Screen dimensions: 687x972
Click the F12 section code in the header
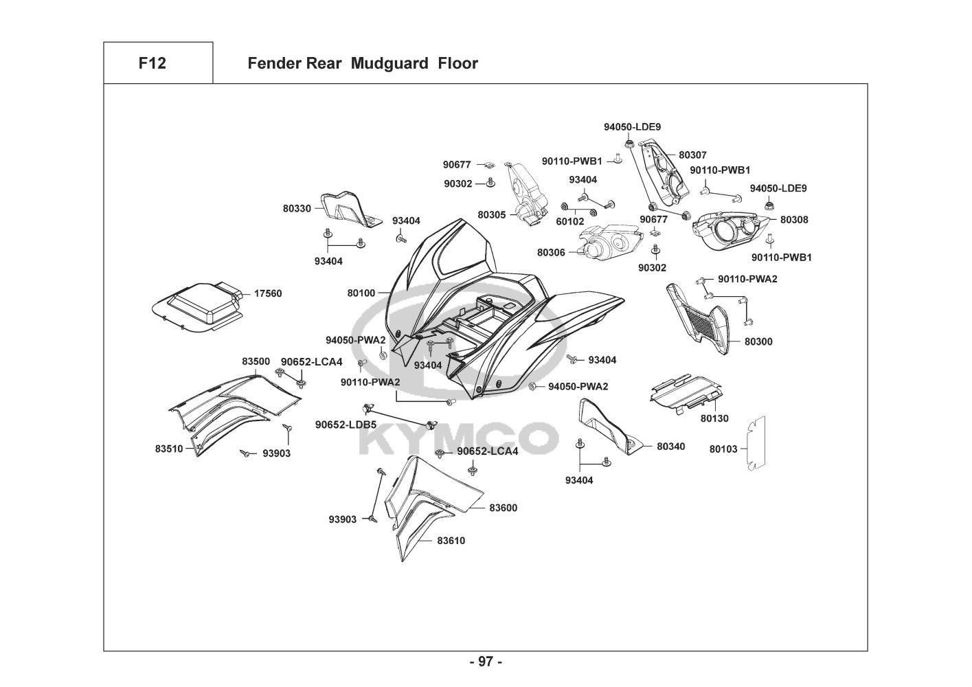(x=152, y=64)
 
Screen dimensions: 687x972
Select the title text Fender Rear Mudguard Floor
(x=362, y=64)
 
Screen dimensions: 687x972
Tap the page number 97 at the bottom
(x=486, y=662)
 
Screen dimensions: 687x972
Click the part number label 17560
(x=268, y=293)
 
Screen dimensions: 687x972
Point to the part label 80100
(x=361, y=293)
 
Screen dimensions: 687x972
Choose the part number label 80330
(x=297, y=207)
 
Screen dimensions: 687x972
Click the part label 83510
(x=169, y=449)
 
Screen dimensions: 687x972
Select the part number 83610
(x=451, y=541)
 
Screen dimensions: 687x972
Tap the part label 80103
(x=723, y=449)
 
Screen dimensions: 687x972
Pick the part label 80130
(x=714, y=418)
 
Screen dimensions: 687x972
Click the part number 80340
(x=670, y=447)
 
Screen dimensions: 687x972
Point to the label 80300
(x=758, y=341)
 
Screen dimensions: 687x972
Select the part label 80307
(x=692, y=155)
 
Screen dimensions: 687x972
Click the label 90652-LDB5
(x=346, y=425)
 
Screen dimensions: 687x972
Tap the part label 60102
(x=570, y=221)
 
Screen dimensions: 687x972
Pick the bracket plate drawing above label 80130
(x=684, y=392)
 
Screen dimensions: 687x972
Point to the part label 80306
(x=551, y=253)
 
